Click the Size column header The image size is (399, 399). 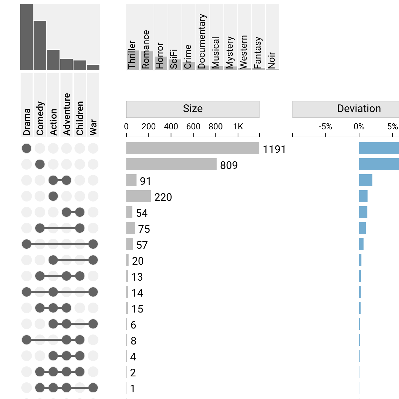point(193,109)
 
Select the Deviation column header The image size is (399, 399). point(359,109)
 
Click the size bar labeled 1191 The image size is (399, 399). point(193,148)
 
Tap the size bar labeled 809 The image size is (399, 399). point(171,164)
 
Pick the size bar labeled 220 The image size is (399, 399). point(138,196)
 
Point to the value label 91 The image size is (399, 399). point(145,181)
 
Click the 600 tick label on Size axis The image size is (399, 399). point(193,127)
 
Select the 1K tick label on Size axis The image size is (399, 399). point(238,127)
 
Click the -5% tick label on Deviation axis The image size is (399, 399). point(325,127)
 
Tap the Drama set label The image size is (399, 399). point(27,122)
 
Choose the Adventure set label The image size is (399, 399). point(67,114)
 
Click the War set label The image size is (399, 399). point(93,127)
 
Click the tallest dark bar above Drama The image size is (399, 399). point(27,37)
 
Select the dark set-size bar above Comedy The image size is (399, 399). point(40,46)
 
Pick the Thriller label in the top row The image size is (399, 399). point(132,55)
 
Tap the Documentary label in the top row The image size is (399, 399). point(202,41)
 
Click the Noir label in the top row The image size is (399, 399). point(272,60)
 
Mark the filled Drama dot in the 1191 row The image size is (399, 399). point(27,148)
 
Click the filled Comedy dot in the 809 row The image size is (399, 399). point(40,164)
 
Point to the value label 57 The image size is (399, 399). point(142,245)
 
